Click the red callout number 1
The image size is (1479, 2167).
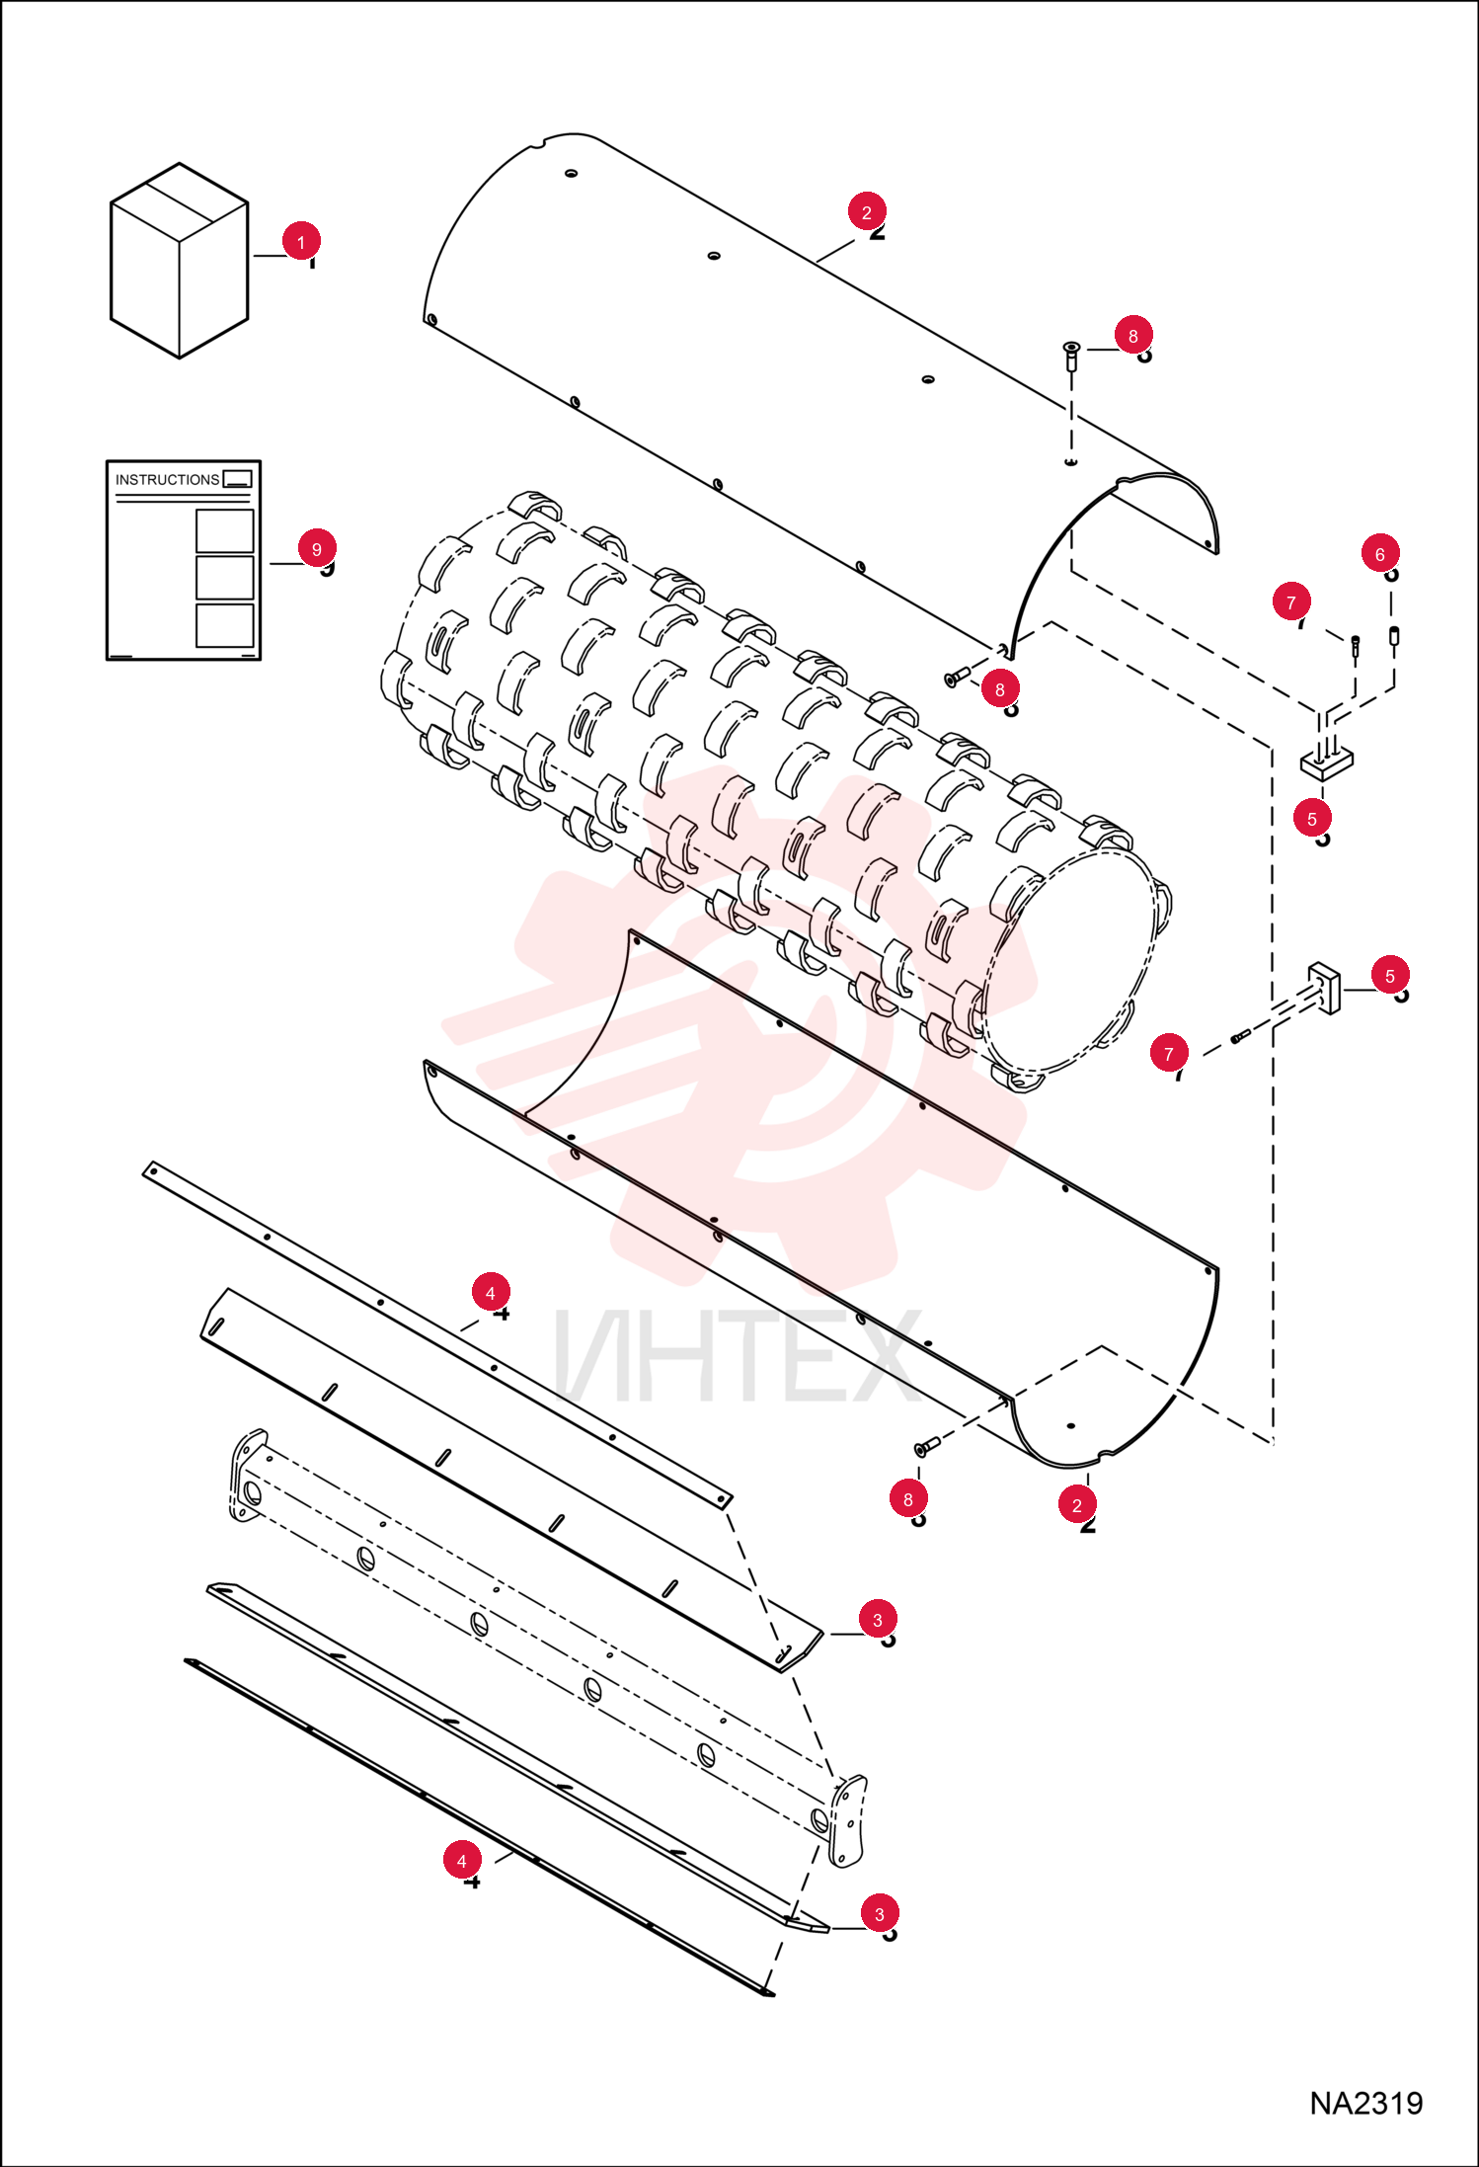coord(301,241)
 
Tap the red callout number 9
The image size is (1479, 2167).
coord(317,549)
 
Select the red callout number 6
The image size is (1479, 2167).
coord(1380,554)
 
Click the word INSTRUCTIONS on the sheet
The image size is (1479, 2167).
coord(167,480)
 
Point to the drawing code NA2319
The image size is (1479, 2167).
coord(1366,2103)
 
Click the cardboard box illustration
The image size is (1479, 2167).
coord(179,261)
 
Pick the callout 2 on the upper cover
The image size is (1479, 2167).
coord(867,212)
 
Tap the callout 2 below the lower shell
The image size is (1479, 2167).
coord(1077,1505)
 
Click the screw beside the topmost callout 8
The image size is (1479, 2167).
coord(1071,355)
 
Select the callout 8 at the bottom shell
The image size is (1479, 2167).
coord(908,1499)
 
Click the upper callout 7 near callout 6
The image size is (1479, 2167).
coord(1291,602)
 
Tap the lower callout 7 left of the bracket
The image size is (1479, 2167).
coord(1169,1054)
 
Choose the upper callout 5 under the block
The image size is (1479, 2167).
coord(1312,819)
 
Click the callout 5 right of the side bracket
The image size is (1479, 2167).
coord(1390,976)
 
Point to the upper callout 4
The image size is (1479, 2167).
coord(491,1293)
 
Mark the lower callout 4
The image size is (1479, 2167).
coord(462,1861)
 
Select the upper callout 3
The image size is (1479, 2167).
coord(878,1620)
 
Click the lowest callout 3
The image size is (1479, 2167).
coord(880,1914)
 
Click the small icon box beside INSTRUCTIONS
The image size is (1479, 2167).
coord(238,479)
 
